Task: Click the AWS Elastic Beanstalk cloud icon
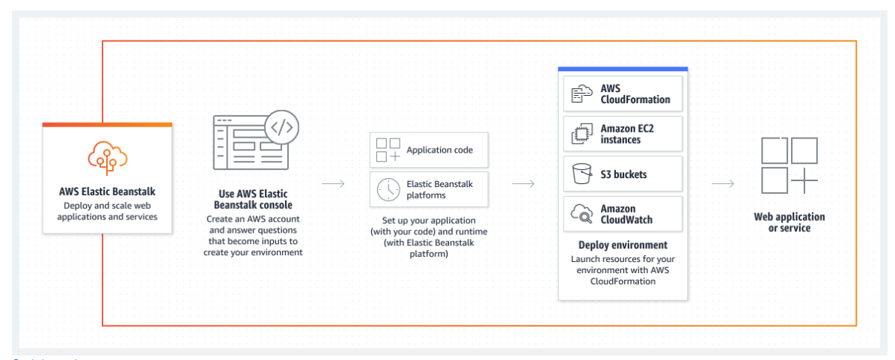pos(107,155)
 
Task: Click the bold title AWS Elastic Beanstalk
pos(107,191)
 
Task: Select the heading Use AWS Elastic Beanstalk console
pos(253,199)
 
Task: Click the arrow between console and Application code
pos(333,184)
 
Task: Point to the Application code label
pos(439,150)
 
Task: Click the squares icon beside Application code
pos(388,150)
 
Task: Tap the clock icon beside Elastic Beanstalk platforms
pos(388,189)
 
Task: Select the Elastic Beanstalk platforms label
pos(439,189)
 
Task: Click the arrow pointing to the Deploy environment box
pos(523,184)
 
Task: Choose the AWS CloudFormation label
pos(635,94)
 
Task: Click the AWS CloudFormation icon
pos(581,94)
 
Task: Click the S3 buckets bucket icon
pos(581,174)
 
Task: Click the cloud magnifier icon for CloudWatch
pos(581,214)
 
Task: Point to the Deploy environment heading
pos(623,245)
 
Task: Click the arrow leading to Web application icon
pos(722,184)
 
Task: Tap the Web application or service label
pos(789,222)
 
